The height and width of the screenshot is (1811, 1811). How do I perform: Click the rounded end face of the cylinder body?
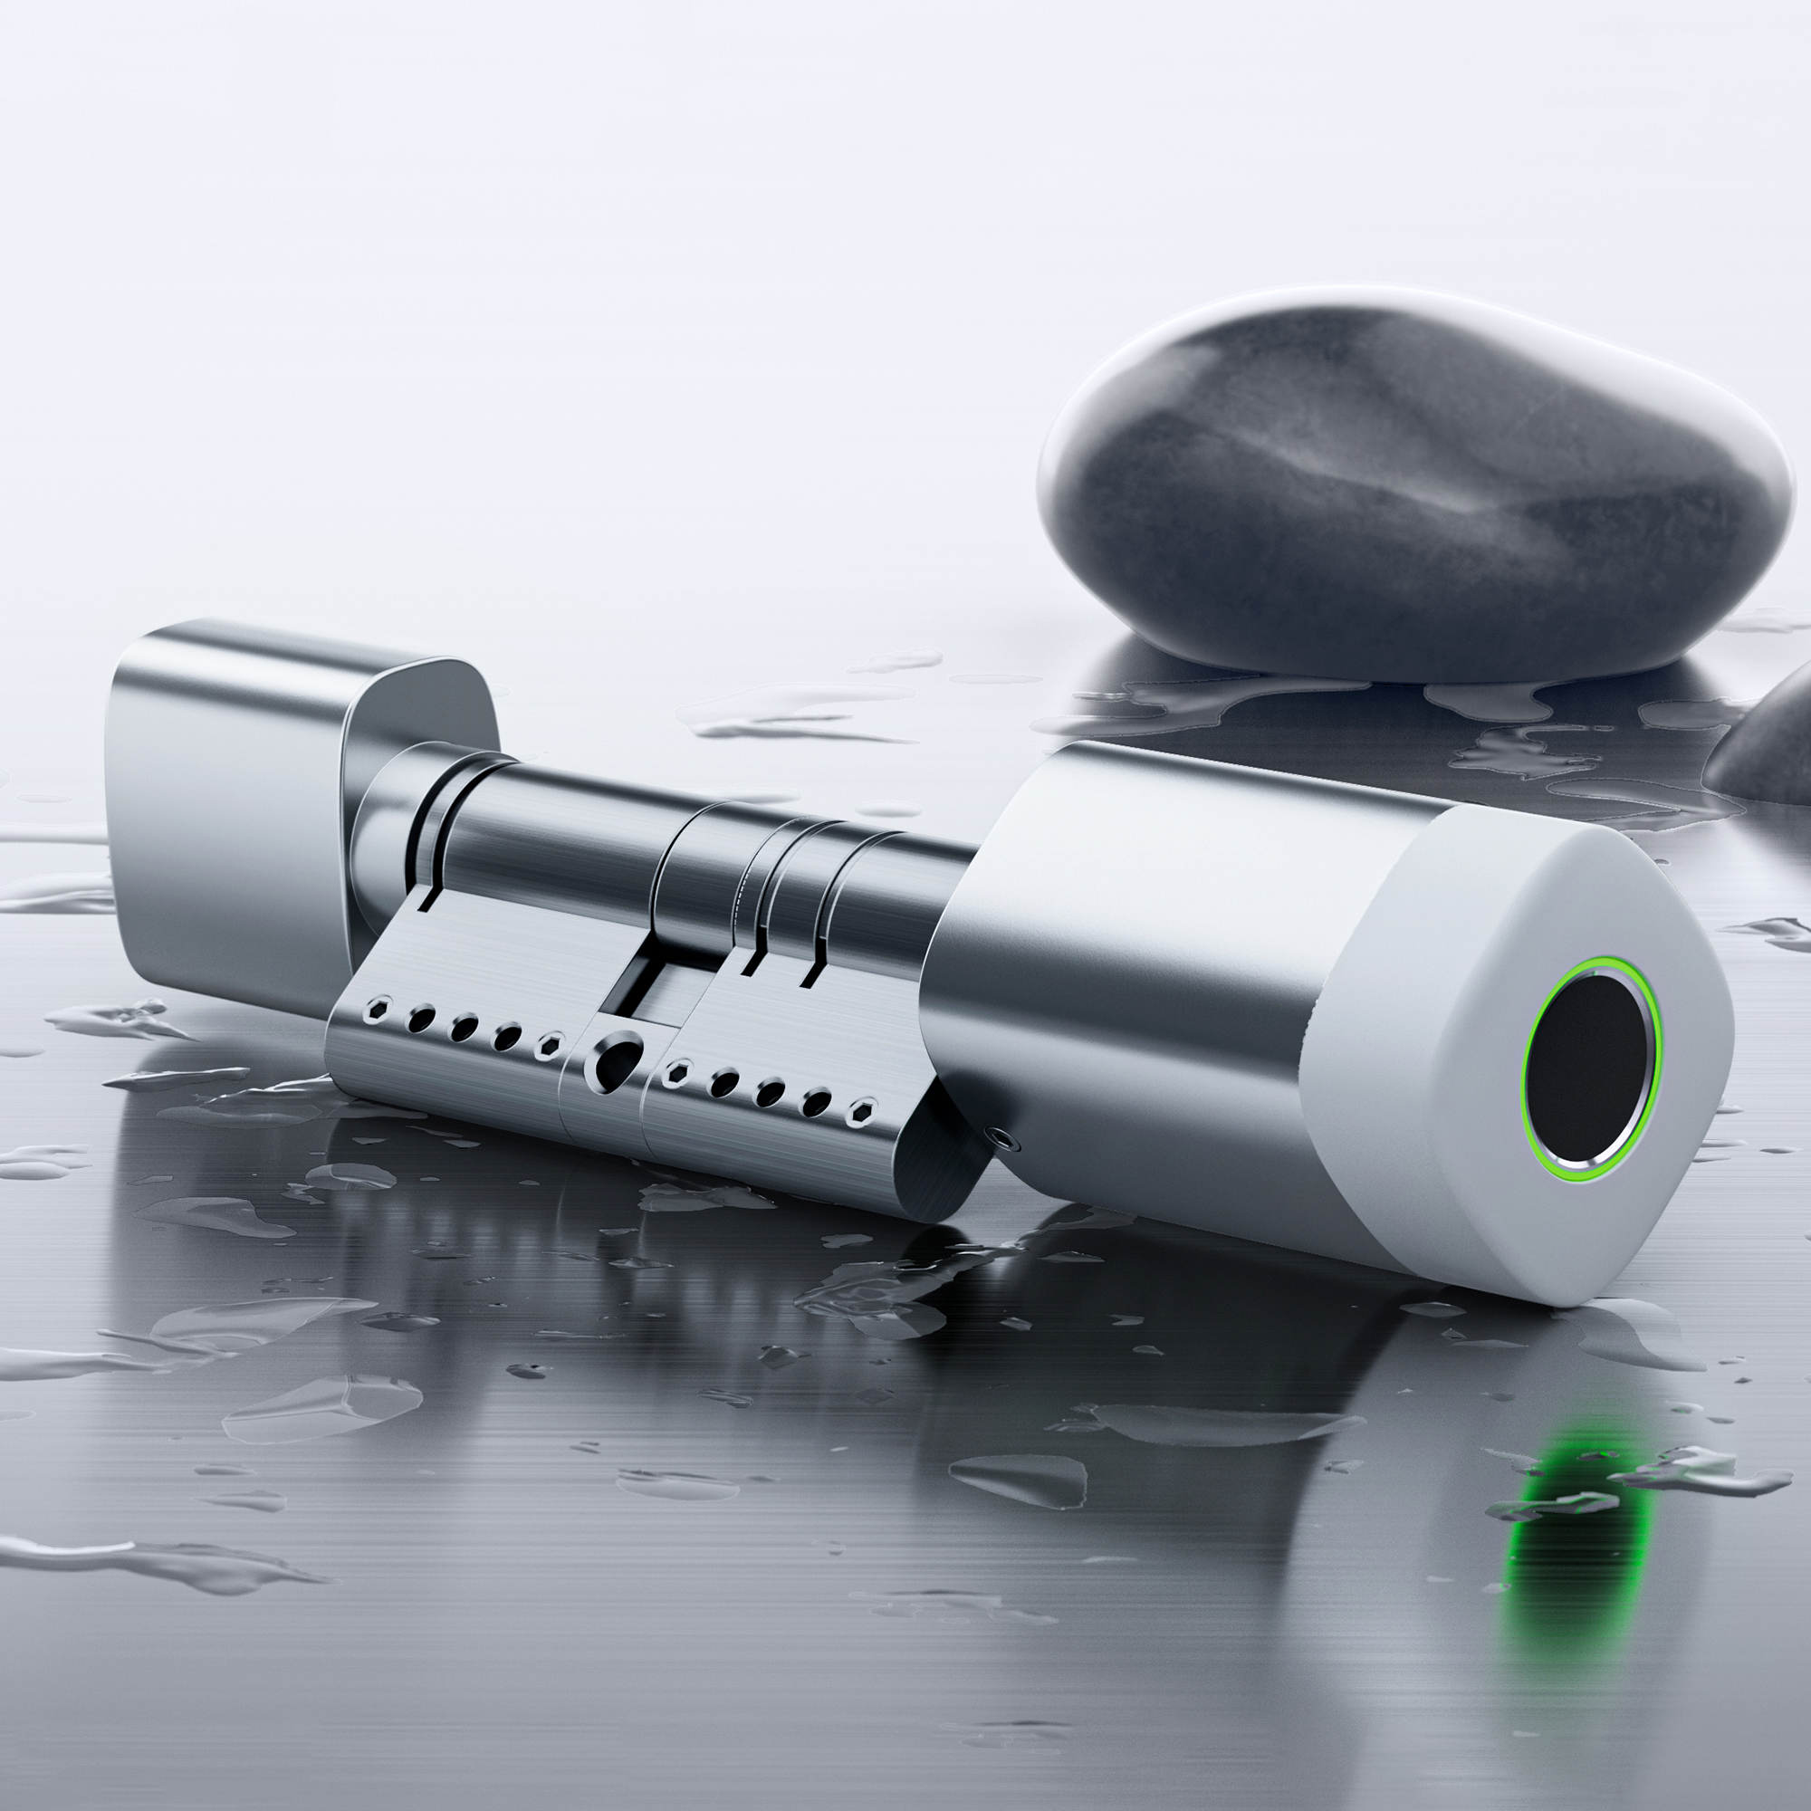tap(937, 1172)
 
